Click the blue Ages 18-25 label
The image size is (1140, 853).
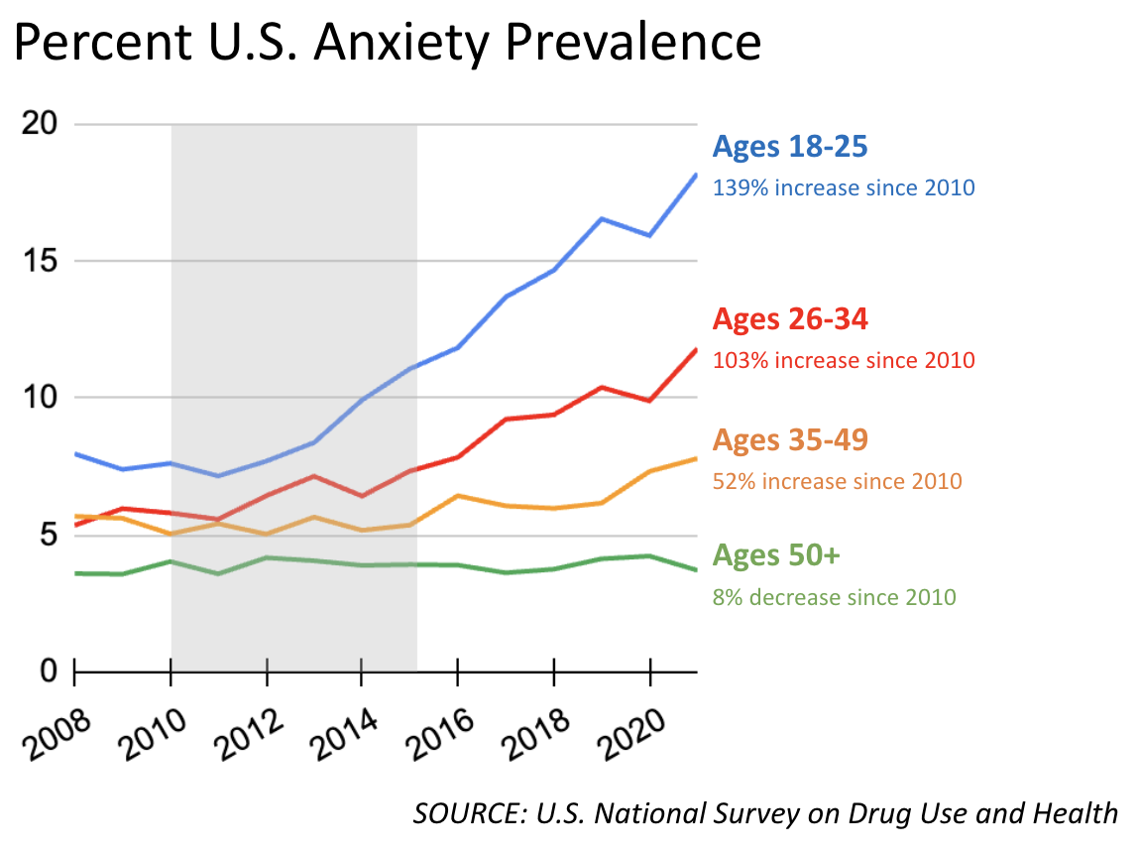click(790, 148)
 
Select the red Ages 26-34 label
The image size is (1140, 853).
click(790, 319)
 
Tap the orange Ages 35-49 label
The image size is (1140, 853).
click(790, 439)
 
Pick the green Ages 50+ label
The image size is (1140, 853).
click(776, 555)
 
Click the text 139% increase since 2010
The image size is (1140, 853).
click(844, 187)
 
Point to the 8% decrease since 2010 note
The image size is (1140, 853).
click(834, 597)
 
